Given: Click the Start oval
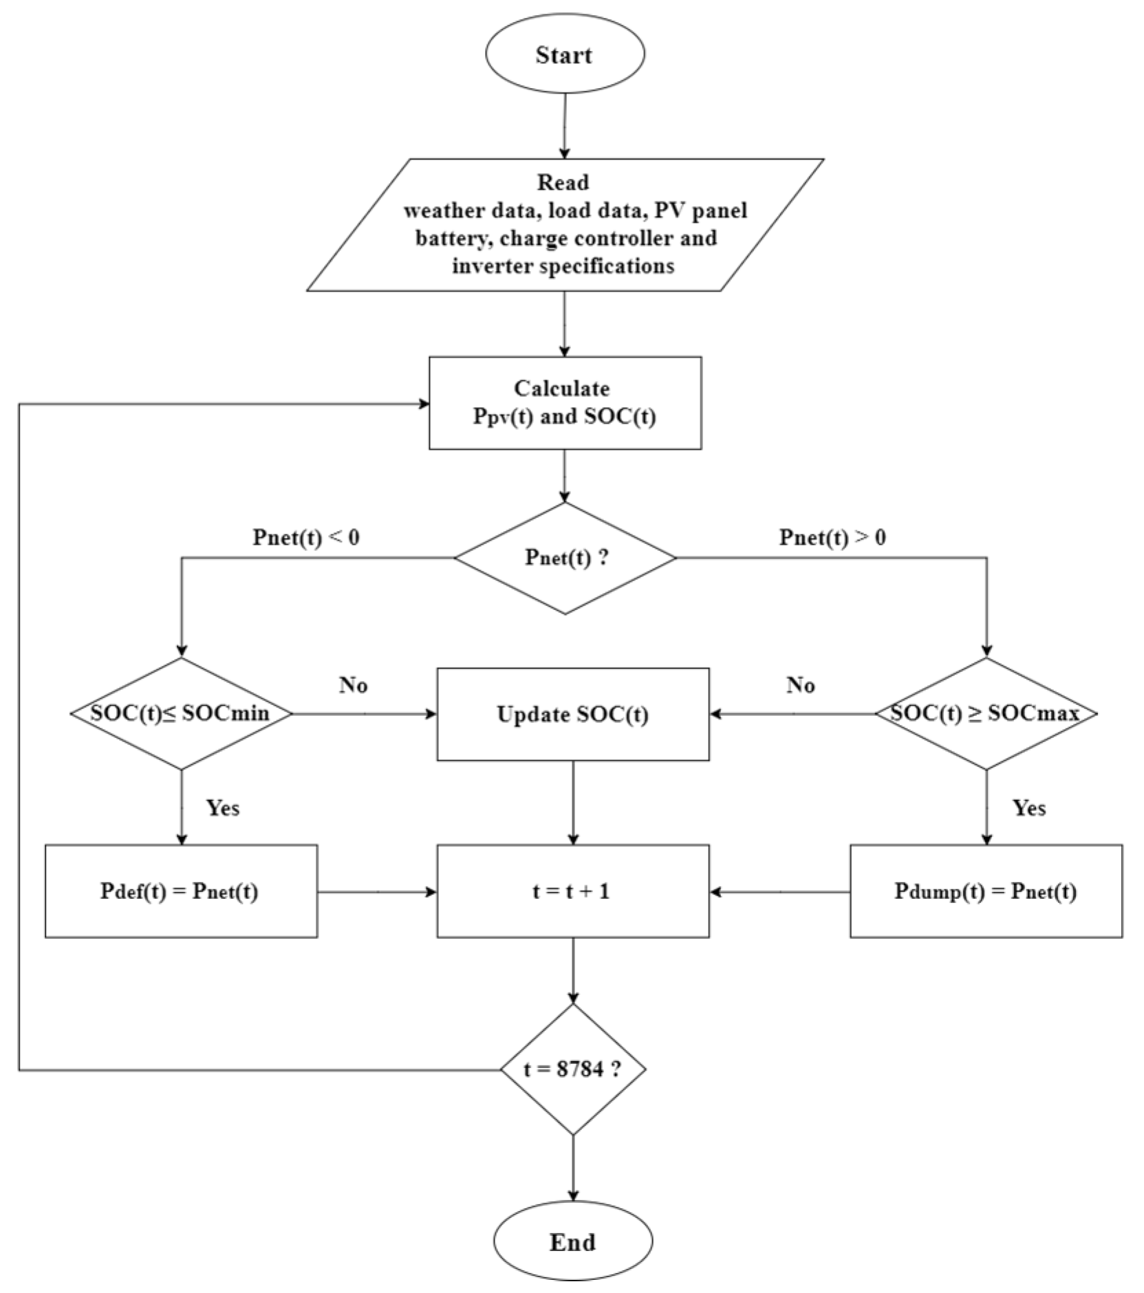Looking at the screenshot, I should (565, 54).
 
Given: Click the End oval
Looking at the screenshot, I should (572, 1241).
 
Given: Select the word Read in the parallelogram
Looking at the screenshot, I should (563, 182).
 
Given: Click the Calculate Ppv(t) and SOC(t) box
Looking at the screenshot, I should (565, 402).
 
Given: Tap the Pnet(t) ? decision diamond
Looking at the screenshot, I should (565, 558).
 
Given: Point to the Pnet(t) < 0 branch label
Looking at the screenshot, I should (306, 537).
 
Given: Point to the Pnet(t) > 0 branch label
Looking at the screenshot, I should (832, 537).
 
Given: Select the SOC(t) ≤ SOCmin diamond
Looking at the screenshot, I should (181, 713).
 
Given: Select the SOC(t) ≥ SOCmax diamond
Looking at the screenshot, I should (986, 713).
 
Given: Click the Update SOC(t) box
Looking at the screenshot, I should (572, 714).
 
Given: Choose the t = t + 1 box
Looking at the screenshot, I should (572, 891).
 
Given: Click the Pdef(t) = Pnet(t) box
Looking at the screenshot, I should (181, 891).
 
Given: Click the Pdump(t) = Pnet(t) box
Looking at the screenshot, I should (986, 891).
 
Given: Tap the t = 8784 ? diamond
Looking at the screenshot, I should (572, 1069).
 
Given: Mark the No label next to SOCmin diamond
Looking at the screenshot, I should (354, 685).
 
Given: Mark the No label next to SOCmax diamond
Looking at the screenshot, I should (801, 685).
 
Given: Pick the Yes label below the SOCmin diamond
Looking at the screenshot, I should (223, 807).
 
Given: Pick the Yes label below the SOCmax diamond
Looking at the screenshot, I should (1029, 807).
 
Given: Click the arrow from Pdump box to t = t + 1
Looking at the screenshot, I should (780, 892).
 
